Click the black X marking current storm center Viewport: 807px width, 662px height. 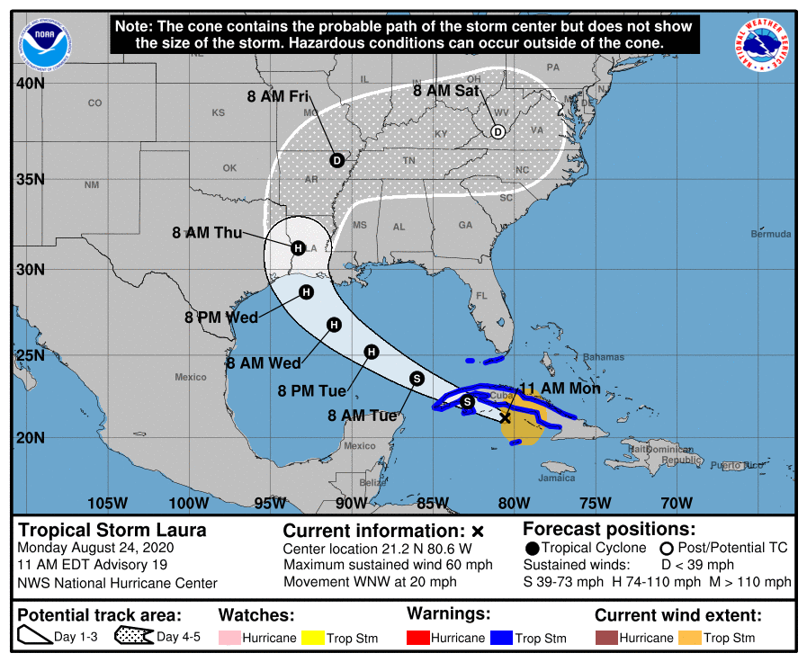pyautogui.click(x=506, y=417)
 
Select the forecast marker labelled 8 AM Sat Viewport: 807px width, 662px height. pyautogui.click(x=497, y=132)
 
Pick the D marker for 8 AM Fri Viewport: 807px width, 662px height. pyautogui.click(x=337, y=160)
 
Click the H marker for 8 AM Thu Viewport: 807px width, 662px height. pyautogui.click(x=297, y=247)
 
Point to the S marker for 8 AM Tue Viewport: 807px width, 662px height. pyautogui.click(x=417, y=379)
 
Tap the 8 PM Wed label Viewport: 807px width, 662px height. pyautogui.click(x=221, y=318)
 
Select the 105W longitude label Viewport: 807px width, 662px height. pyautogui.click(x=107, y=503)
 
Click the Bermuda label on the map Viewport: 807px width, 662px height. pyautogui.click(x=771, y=234)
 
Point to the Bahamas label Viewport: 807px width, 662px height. pyautogui.click(x=603, y=357)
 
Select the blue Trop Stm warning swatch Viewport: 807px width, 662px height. pyautogui.click(x=501, y=638)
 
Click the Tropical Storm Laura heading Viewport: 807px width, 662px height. pyautogui.click(x=112, y=531)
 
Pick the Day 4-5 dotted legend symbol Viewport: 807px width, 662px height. pyautogui.click(x=134, y=637)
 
